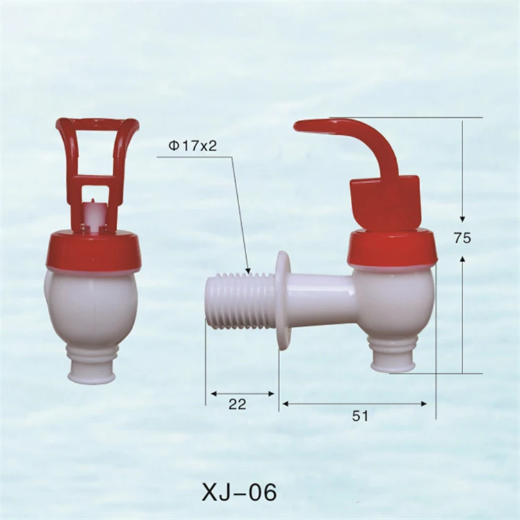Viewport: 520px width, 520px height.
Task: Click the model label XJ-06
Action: point(239,492)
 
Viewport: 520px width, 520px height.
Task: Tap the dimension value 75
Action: point(462,238)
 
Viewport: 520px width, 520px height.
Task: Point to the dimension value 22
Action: point(237,405)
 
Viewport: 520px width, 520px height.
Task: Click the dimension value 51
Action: point(360,416)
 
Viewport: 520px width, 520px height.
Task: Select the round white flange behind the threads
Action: point(283,300)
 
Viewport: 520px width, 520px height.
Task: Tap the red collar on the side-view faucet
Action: point(392,248)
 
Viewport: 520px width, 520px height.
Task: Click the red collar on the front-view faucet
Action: point(93,252)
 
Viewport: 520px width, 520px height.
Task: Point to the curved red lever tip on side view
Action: point(305,125)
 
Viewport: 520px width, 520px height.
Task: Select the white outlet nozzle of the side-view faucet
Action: point(392,356)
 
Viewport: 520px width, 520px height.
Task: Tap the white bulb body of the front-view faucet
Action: point(92,305)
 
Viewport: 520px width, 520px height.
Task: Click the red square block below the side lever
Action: point(385,201)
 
